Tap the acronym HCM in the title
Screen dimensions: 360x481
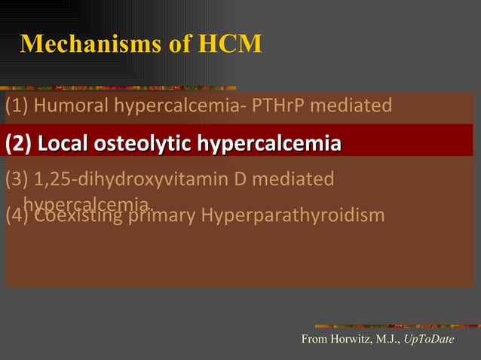click(x=230, y=44)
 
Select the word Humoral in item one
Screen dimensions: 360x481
click(x=72, y=105)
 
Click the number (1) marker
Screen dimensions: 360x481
click(x=17, y=105)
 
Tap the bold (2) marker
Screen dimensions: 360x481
click(x=18, y=143)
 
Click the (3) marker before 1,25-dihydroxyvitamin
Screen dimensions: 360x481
click(x=17, y=179)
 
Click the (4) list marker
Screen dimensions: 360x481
click(x=17, y=215)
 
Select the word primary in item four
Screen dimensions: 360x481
click(x=161, y=215)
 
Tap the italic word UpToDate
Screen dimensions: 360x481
click(x=429, y=340)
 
